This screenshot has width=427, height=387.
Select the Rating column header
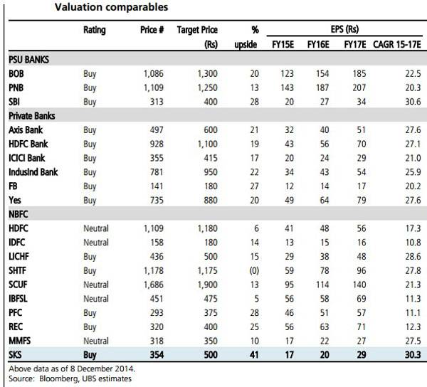click(94, 31)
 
